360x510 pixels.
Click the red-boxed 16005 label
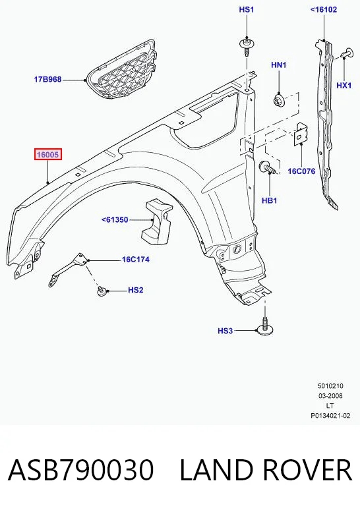pyautogui.click(x=48, y=154)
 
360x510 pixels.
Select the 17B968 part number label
pyautogui.click(x=48, y=79)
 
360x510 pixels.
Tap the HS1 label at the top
pyautogui.click(x=247, y=9)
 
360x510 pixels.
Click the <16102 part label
pyautogui.click(x=324, y=9)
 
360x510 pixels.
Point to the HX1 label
pyautogui.click(x=344, y=85)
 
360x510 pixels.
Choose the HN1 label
pyautogui.click(x=279, y=65)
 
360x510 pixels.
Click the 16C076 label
pyautogui.click(x=301, y=171)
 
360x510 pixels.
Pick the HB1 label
pyautogui.click(x=270, y=200)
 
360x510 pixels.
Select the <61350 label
pyautogui.click(x=115, y=220)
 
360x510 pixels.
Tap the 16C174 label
pyautogui.click(x=136, y=260)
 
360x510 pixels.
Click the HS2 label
pyautogui.click(x=136, y=290)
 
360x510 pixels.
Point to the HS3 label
pyautogui.click(x=225, y=331)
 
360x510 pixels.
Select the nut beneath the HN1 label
pyautogui.click(x=279, y=99)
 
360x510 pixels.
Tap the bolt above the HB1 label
pyautogui.click(x=267, y=167)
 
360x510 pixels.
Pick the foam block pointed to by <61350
pyautogui.click(x=157, y=221)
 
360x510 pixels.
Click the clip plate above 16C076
pyautogui.click(x=301, y=134)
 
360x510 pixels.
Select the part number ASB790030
pyautogui.click(x=80, y=470)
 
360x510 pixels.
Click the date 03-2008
pyautogui.click(x=330, y=396)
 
